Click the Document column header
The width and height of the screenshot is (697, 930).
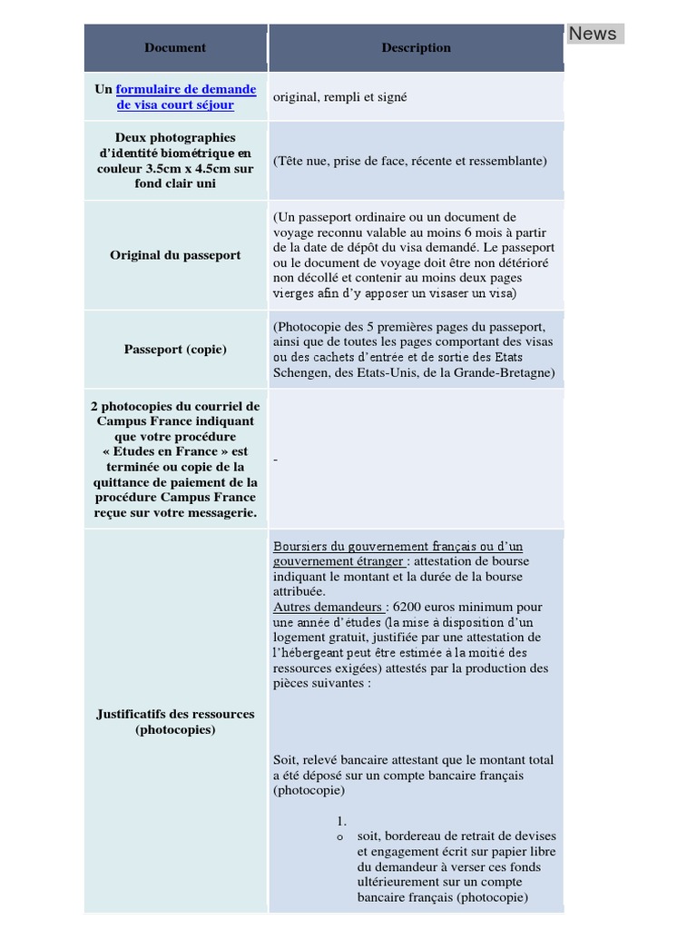click(175, 47)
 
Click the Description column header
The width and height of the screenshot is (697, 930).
click(416, 47)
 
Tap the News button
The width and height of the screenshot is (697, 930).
click(593, 34)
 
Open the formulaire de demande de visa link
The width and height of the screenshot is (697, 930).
click(185, 97)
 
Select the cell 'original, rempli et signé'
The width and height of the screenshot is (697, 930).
click(339, 97)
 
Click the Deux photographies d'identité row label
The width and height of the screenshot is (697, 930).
click(175, 161)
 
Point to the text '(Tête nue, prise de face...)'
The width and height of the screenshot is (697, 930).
click(409, 161)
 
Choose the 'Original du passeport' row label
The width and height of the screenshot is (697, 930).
click(175, 255)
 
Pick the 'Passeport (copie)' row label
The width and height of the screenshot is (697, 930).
click(175, 349)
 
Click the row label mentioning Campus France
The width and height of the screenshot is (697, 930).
click(175, 460)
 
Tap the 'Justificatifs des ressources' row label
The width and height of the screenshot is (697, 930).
click(175, 721)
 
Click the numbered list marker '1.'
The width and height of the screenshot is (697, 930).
click(341, 821)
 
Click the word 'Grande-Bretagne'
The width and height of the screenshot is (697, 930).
click(506, 372)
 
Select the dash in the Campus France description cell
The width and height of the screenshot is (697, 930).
click(276, 460)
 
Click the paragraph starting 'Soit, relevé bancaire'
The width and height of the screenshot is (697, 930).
click(413, 775)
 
